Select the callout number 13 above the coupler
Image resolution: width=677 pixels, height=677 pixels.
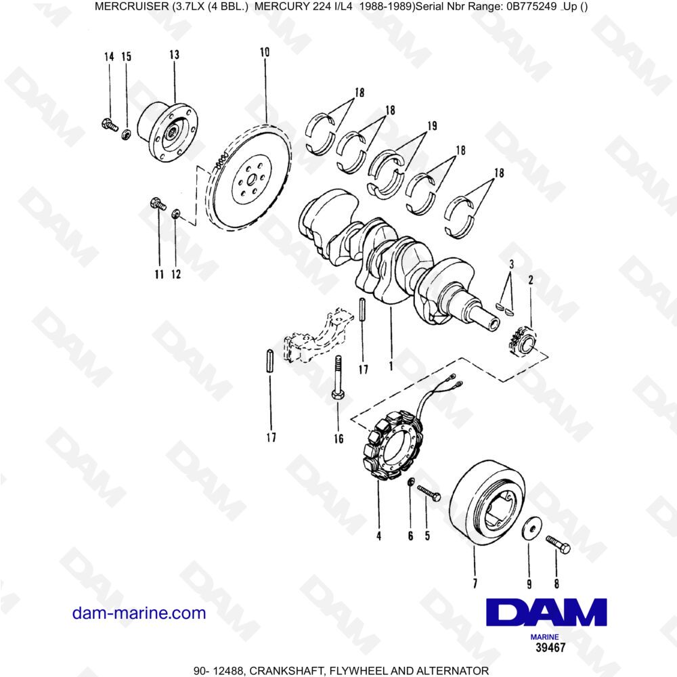click(x=174, y=55)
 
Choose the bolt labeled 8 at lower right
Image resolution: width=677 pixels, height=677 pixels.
click(x=557, y=542)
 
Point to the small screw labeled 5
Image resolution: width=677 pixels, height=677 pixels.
click(x=428, y=492)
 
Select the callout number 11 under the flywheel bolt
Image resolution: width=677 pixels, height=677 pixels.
click(x=158, y=274)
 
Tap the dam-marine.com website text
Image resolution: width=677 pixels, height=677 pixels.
click(x=139, y=613)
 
